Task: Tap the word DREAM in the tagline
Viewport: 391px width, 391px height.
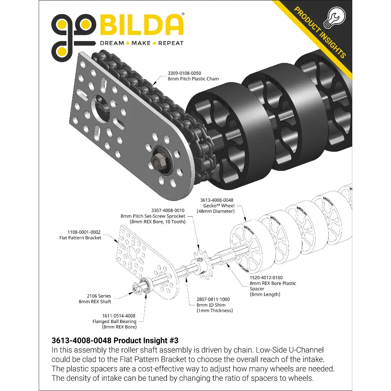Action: (x=112, y=43)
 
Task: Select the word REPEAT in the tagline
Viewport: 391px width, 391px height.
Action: (x=171, y=43)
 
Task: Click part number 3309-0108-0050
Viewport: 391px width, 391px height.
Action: (x=184, y=73)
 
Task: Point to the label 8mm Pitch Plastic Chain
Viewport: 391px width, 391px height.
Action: (x=193, y=79)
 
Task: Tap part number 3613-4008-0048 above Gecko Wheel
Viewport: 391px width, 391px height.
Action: (x=217, y=200)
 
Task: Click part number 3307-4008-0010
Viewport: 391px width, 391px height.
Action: (x=168, y=210)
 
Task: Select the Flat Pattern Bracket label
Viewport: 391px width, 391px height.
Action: (x=80, y=238)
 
